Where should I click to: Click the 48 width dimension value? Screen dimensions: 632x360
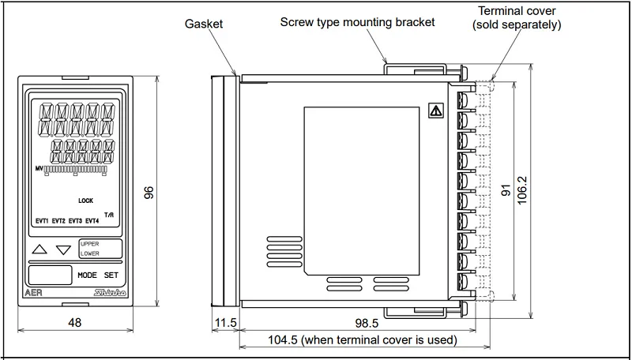click(74, 322)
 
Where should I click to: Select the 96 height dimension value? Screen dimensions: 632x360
click(149, 193)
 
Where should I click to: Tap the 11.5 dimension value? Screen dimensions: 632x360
click(226, 323)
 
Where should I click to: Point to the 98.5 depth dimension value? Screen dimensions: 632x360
click(367, 323)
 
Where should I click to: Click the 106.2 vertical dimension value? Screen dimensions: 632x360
click(522, 190)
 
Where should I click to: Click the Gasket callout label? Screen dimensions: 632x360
click(204, 24)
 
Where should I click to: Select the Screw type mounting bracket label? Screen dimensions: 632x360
click(358, 22)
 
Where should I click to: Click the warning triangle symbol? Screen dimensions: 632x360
click(436, 111)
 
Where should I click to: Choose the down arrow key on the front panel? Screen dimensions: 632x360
click(63, 250)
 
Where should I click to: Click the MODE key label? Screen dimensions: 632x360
click(87, 275)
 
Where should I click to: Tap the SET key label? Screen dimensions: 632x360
click(111, 275)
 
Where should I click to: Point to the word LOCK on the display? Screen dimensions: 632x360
click(85, 201)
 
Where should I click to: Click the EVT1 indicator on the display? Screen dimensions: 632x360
click(42, 221)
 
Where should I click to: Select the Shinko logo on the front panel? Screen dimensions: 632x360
click(111, 293)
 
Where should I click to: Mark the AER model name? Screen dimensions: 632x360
click(33, 293)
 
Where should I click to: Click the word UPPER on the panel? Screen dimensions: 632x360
click(89, 244)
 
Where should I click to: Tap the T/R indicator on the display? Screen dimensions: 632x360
click(109, 215)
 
